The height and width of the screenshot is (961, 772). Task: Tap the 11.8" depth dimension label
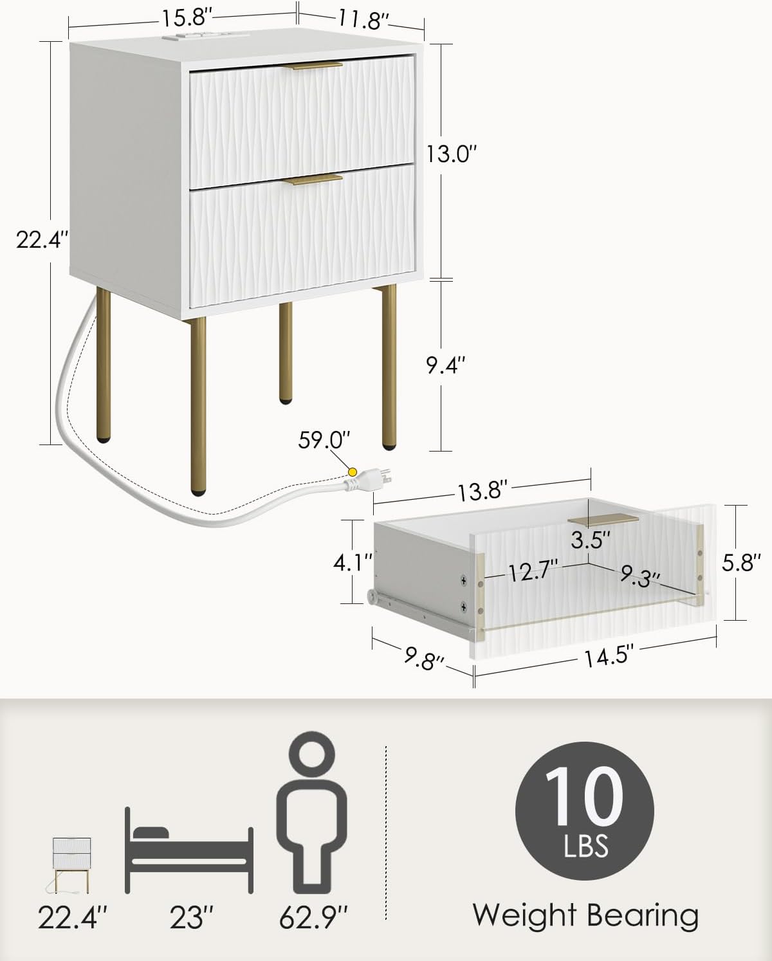[363, 21]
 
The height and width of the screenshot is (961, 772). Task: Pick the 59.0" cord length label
[324, 440]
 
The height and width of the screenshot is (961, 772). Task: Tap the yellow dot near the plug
[352, 471]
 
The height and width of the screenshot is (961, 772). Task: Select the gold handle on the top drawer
[312, 66]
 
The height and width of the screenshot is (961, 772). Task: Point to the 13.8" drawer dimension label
[482, 491]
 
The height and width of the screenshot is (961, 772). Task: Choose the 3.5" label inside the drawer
[591, 540]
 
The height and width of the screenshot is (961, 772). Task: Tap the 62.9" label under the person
[313, 918]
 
